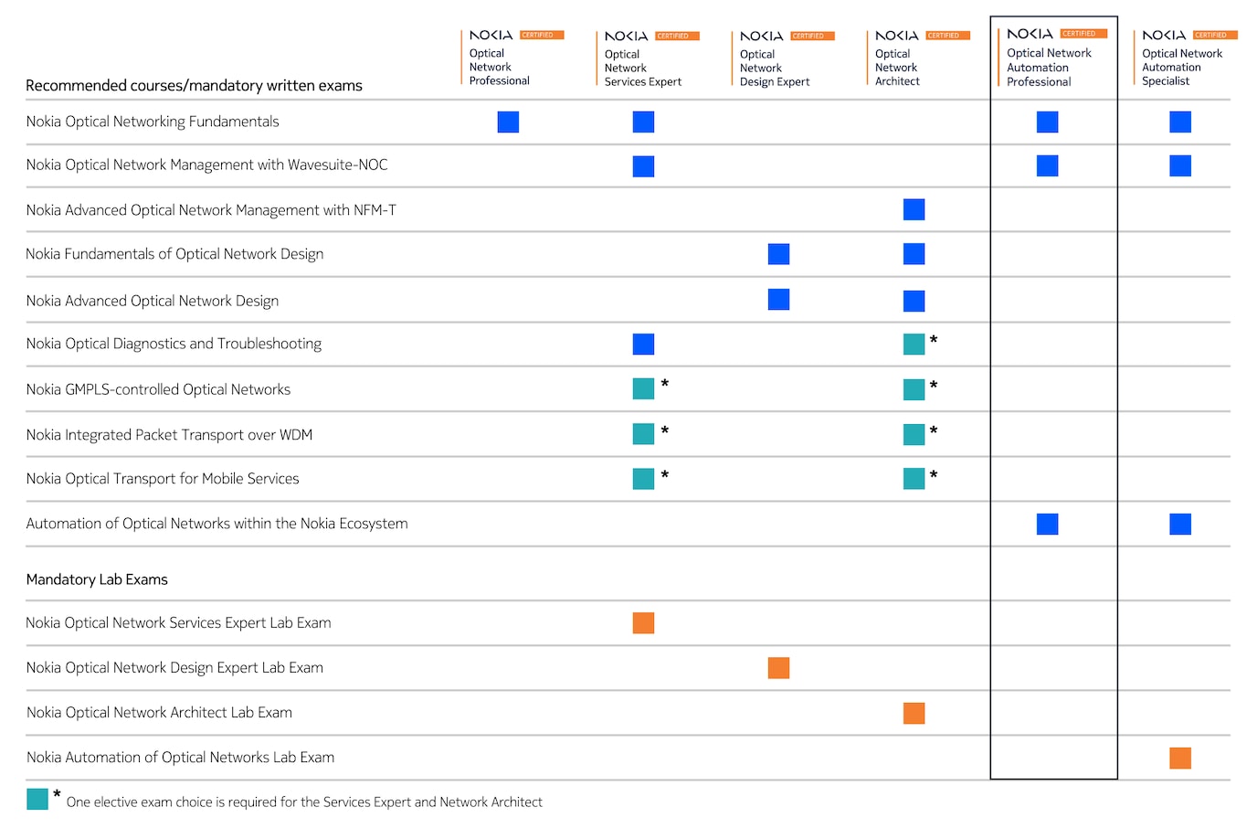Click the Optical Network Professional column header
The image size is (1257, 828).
[x=500, y=67]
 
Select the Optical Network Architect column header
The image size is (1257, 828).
[x=898, y=67]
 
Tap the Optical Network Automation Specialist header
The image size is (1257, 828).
[x=1181, y=67]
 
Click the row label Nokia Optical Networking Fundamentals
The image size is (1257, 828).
[x=153, y=122]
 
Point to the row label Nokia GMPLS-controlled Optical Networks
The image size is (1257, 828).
[x=158, y=389]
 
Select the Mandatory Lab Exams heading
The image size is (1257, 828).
[x=97, y=579]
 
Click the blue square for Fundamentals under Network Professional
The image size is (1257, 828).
[x=508, y=122]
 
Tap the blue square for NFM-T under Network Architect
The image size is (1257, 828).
[x=914, y=209]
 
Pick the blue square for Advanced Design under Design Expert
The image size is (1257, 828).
[x=778, y=299]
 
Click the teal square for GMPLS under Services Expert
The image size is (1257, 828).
[x=643, y=388]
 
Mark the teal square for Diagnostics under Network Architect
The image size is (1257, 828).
[x=914, y=344]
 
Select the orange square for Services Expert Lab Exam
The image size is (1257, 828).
[x=643, y=623]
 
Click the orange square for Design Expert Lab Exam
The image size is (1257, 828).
[x=778, y=668]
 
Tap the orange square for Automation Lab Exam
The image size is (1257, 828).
[x=1179, y=758]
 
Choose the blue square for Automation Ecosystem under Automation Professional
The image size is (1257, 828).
[x=1047, y=524]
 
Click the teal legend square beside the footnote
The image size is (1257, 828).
[x=37, y=799]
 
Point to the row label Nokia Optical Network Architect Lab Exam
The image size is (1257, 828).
[x=159, y=713]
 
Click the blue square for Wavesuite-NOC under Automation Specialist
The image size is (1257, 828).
[x=1179, y=165]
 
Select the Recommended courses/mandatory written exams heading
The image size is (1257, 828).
[x=194, y=86]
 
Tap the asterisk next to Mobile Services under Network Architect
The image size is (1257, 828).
[x=934, y=474]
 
